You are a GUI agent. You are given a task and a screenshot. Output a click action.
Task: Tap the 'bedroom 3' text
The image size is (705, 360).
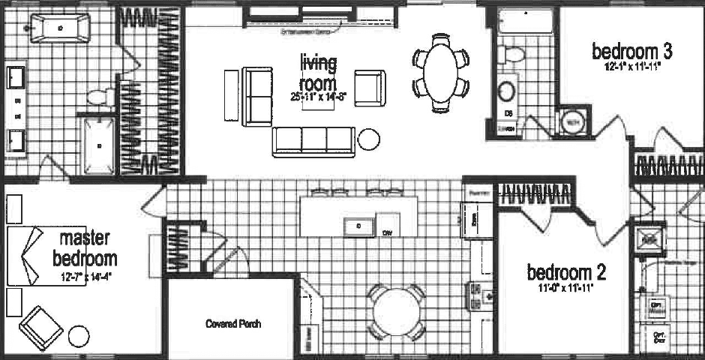tap(631, 52)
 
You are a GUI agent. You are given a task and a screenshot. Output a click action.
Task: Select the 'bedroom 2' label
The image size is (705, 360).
tap(566, 271)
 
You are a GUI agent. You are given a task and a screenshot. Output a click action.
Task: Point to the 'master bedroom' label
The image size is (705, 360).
tap(85, 249)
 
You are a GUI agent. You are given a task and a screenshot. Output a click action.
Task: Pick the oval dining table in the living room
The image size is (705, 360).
tap(442, 72)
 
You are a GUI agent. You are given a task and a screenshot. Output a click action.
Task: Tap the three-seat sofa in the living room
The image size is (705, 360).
tap(313, 141)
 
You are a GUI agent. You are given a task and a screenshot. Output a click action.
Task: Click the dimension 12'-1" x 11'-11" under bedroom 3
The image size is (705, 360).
tap(631, 67)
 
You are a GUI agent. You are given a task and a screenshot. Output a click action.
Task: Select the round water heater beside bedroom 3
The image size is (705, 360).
tap(572, 122)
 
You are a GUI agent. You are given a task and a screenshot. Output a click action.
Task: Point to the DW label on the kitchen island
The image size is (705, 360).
tap(388, 232)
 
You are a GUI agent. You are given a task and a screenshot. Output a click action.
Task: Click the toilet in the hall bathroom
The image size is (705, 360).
tap(512, 54)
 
